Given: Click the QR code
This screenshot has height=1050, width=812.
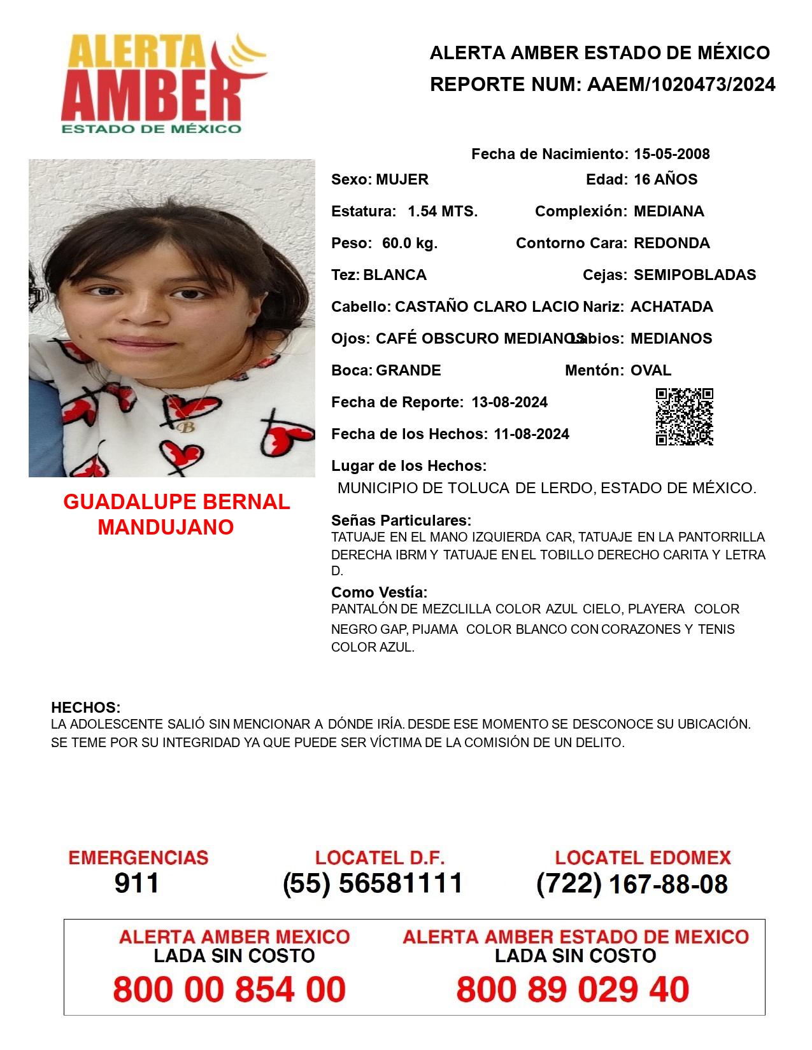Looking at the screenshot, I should pos(684,417).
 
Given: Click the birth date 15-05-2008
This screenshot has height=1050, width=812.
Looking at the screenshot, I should pos(671,154).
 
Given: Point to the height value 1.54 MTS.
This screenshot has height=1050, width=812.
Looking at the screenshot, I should pos(443,211).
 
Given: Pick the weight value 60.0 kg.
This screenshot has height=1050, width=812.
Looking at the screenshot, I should pos(410,243).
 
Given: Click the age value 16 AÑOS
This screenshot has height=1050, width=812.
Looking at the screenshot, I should pos(666,179).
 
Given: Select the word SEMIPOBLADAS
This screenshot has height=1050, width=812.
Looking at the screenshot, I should pos(695,275).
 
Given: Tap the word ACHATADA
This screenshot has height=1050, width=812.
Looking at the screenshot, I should pos(671,307).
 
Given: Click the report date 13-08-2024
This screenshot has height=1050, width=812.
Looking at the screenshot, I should pos(509,402).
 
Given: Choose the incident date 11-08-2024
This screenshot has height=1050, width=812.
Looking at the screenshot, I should pos(531,434).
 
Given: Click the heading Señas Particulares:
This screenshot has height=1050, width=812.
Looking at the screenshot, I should pos(401,521).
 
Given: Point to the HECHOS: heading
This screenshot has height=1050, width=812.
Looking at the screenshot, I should pos(85,708).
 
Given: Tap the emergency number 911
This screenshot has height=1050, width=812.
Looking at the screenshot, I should pos(137,883).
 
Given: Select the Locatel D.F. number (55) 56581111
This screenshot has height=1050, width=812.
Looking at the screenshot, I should pos(373,883).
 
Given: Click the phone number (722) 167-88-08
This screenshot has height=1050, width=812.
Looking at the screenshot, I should pos(632,884).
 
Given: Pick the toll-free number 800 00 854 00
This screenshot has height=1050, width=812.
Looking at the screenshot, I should pos(229,990).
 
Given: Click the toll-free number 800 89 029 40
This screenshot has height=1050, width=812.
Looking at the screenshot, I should pos(573,990).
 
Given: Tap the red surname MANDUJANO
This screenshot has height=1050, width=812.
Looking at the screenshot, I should pos(166,527).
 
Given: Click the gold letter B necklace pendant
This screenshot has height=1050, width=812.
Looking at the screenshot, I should pos(185,427).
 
